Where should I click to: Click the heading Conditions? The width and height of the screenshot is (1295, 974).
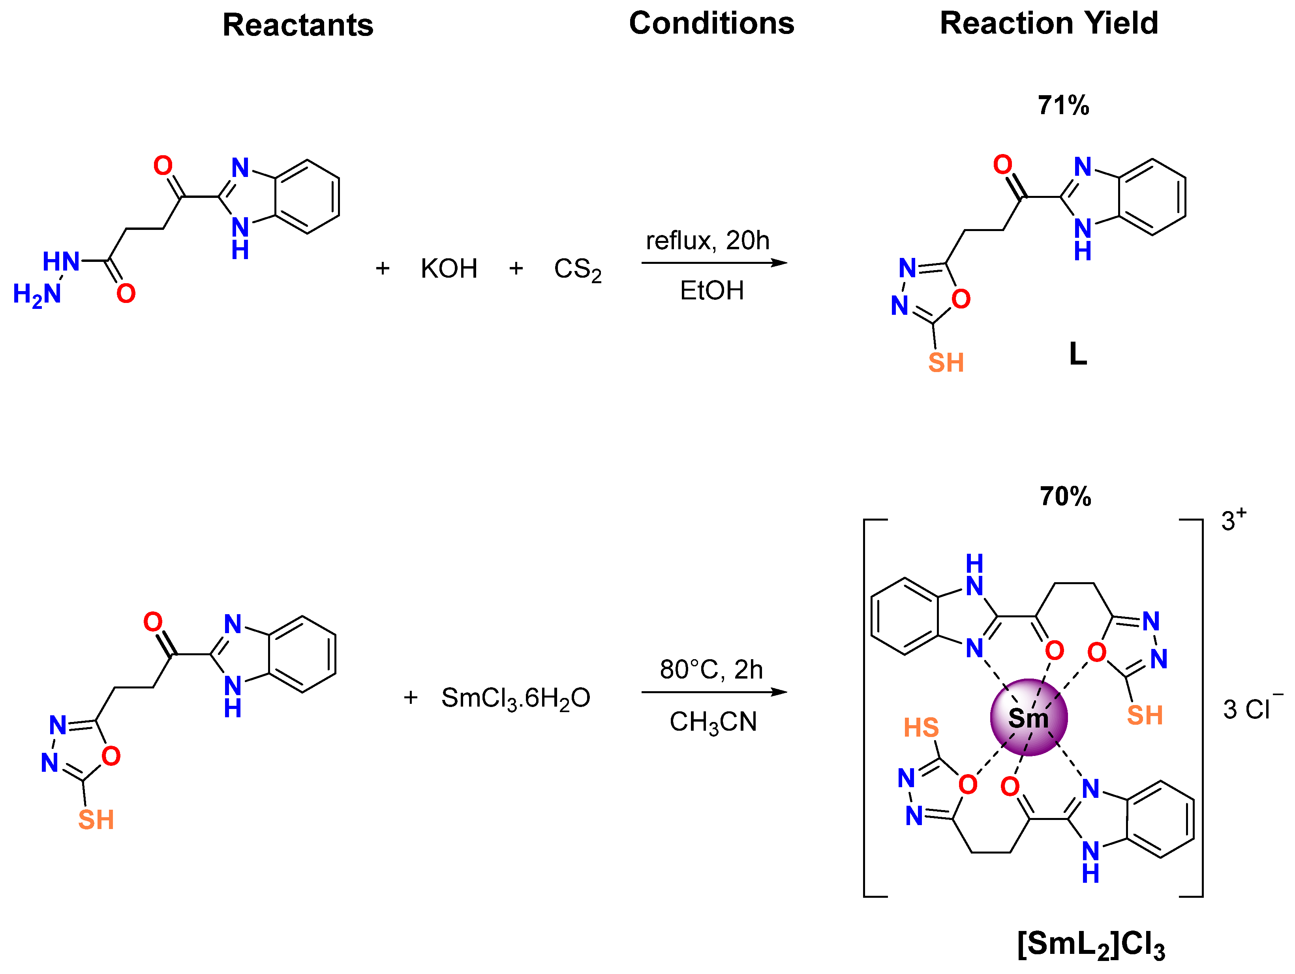pyautogui.click(x=711, y=23)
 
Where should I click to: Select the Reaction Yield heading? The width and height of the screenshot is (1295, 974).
pyautogui.click(x=1049, y=23)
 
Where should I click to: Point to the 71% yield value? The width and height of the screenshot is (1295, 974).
pyautogui.click(x=1063, y=105)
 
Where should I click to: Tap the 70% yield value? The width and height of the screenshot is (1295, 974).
pyautogui.click(x=1065, y=496)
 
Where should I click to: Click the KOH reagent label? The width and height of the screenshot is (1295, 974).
pyautogui.click(x=449, y=269)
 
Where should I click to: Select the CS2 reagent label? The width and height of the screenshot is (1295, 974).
pyautogui.click(x=577, y=270)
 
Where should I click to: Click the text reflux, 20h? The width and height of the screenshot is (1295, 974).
pyautogui.click(x=707, y=241)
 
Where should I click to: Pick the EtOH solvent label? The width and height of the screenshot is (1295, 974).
pyautogui.click(x=711, y=290)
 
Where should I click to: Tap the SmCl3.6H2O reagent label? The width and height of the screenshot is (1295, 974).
pyautogui.click(x=515, y=698)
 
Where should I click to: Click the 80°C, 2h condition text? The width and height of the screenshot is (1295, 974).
pyautogui.click(x=711, y=669)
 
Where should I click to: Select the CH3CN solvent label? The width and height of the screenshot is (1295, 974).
pyautogui.click(x=713, y=722)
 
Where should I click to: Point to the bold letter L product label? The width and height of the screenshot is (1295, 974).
pyautogui.click(x=1078, y=354)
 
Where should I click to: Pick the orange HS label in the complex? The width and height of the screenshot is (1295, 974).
pyautogui.click(x=920, y=728)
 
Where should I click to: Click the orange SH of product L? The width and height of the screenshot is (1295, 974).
pyautogui.click(x=946, y=363)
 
